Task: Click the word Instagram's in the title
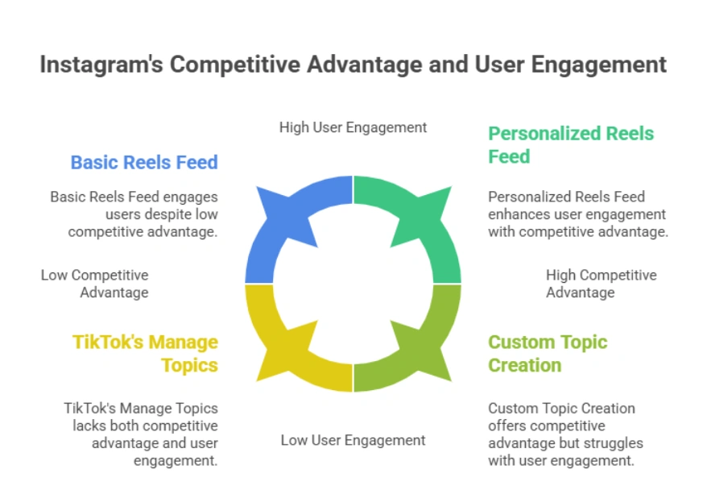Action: [x=91, y=64]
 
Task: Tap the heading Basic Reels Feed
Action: [x=144, y=162]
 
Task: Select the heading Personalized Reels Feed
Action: [x=570, y=144]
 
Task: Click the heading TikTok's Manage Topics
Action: [x=146, y=353]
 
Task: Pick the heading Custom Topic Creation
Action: [x=548, y=353]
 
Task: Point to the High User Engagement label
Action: [x=353, y=127]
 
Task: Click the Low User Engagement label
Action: [x=353, y=440]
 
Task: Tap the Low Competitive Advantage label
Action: [x=95, y=284]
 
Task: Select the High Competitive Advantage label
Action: [x=601, y=284]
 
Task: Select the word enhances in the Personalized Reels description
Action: [x=515, y=214]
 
